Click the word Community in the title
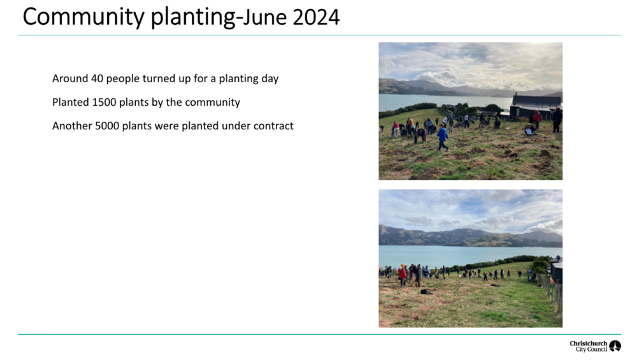click(83, 17)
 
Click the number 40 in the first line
click(97, 78)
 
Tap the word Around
click(70, 78)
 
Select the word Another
click(72, 126)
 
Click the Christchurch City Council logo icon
click(615, 346)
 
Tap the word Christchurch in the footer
click(589, 343)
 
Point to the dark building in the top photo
click(536, 107)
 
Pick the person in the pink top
click(395, 129)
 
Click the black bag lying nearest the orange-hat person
click(426, 292)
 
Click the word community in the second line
click(213, 103)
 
